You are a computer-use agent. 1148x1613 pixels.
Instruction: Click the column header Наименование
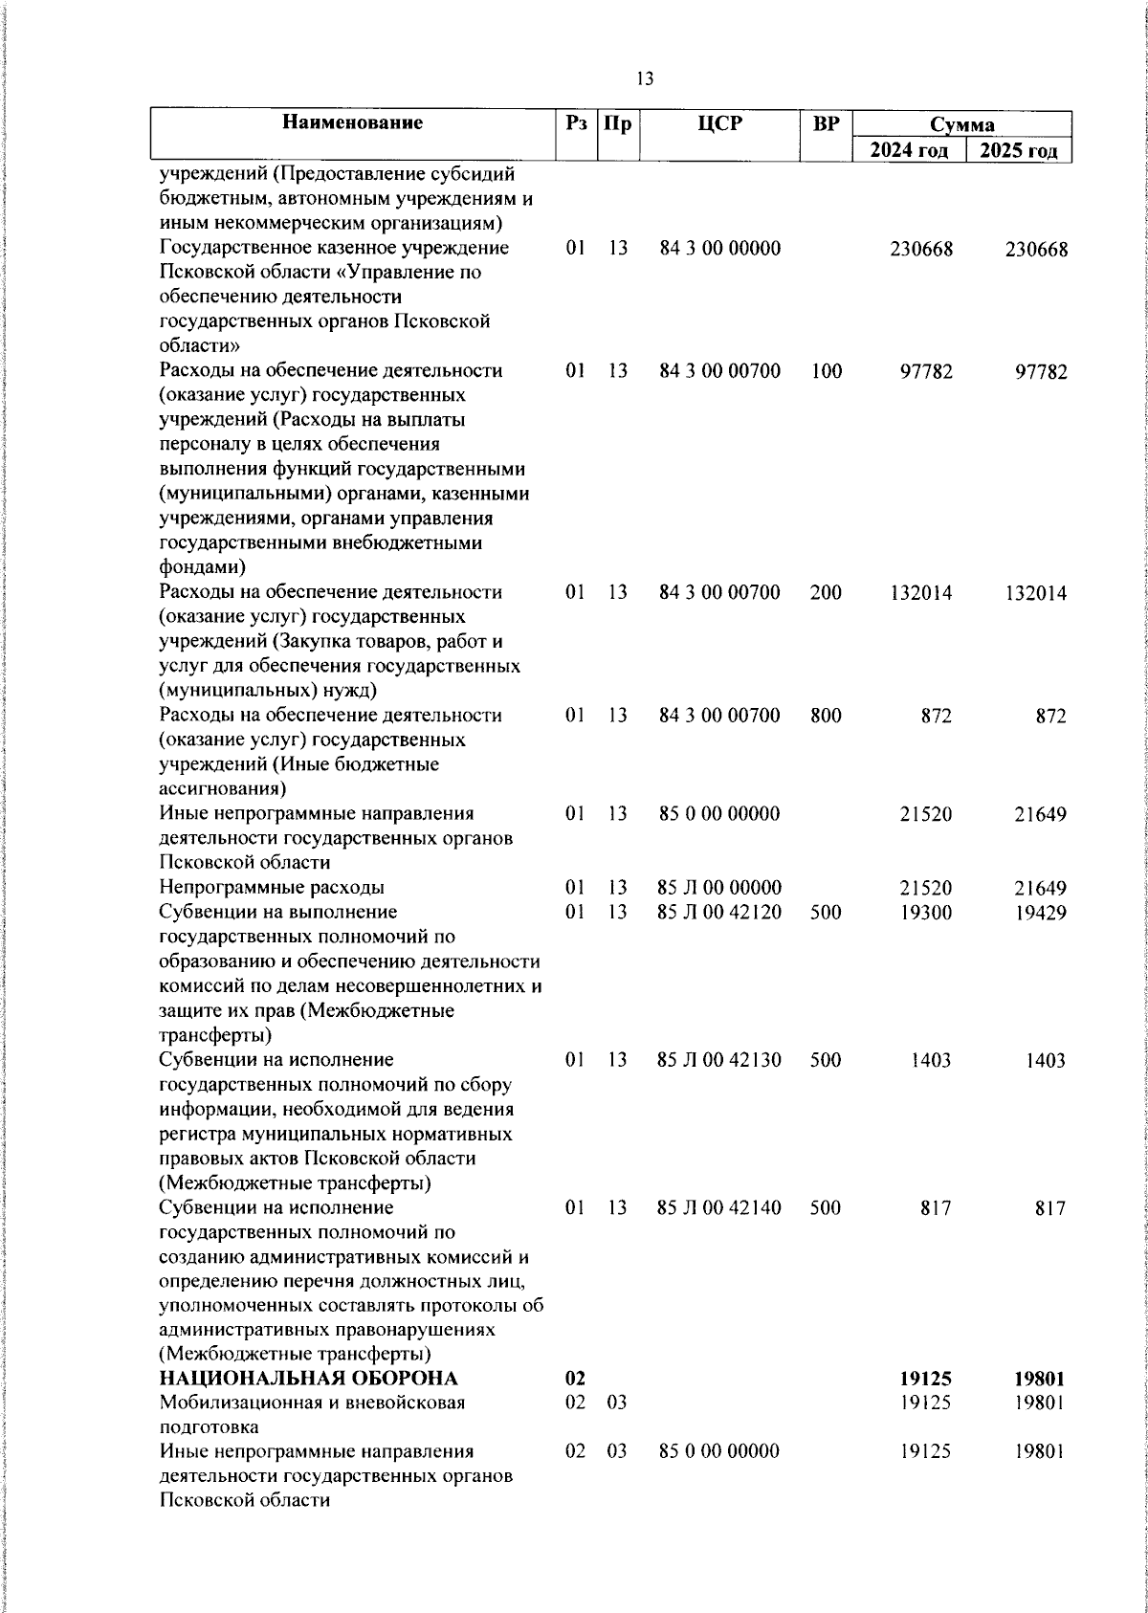pos(352,123)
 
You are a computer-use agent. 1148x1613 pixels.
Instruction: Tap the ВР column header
pos(826,123)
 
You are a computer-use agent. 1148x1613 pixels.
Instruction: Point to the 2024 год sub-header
pos(909,151)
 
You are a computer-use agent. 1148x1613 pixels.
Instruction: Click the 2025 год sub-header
pos(1018,151)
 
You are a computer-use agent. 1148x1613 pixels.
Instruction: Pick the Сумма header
pos(962,125)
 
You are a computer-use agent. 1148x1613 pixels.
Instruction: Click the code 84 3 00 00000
pos(719,249)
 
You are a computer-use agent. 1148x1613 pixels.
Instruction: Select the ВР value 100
pos(826,371)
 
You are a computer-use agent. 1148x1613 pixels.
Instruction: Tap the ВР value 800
pos(826,716)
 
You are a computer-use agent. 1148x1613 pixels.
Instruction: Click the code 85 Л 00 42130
pos(719,1060)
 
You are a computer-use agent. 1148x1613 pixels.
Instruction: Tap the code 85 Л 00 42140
pos(719,1208)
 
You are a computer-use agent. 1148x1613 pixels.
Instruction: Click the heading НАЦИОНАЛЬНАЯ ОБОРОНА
pos(308,1379)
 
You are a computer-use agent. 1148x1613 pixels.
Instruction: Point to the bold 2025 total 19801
pos(1039,1380)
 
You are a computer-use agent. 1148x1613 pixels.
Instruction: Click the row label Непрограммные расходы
pos(272,888)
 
